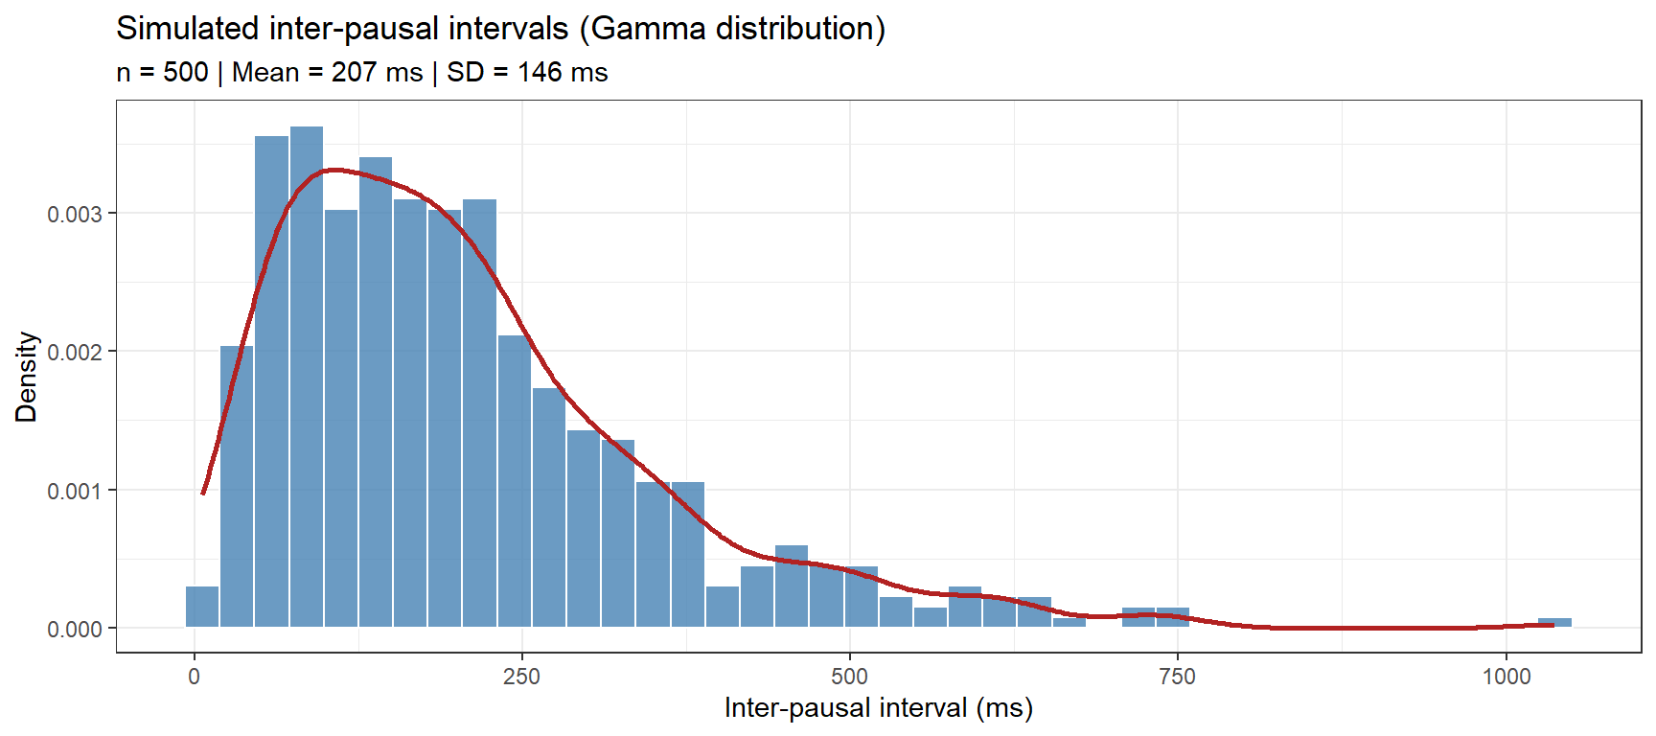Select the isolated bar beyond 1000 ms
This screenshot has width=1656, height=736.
(1554, 623)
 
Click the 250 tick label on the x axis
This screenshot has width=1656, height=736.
(522, 677)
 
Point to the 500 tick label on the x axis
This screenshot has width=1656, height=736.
(849, 677)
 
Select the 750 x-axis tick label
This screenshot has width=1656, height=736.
(1177, 677)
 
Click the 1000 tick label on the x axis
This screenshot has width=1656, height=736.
(1506, 677)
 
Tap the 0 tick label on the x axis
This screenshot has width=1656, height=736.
(195, 677)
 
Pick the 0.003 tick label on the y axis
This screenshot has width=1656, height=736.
(75, 214)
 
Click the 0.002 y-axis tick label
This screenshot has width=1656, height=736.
(75, 352)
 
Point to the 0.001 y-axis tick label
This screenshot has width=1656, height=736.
(75, 491)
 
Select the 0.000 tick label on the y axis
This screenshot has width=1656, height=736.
(75, 629)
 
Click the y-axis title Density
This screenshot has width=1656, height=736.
(26, 377)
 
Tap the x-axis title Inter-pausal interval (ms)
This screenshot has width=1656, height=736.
(878, 708)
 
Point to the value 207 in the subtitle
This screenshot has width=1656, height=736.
(354, 73)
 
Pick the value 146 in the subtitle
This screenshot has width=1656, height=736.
(540, 73)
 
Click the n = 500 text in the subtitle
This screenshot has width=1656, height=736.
(162, 73)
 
